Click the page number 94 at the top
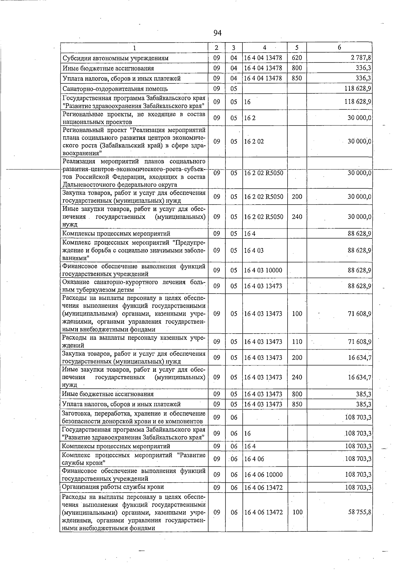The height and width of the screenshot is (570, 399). pyautogui.click(x=217, y=33)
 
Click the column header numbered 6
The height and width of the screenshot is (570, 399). pyautogui.click(x=339, y=47)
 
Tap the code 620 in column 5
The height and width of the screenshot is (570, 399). pyautogui.click(x=297, y=58)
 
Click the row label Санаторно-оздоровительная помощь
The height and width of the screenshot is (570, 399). pyautogui.click(x=115, y=89)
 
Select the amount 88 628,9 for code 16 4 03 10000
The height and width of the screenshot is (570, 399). pyautogui.click(x=359, y=270)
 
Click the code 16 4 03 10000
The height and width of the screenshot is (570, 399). pyautogui.click(x=263, y=270)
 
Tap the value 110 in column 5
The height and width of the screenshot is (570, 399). pyautogui.click(x=297, y=341)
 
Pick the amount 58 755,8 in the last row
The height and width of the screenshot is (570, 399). pyautogui.click(x=359, y=512)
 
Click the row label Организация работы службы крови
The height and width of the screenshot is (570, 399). pyautogui.click(x=113, y=487)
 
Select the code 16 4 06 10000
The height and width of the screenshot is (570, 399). pyautogui.click(x=263, y=475)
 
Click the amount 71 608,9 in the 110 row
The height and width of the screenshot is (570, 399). pyautogui.click(x=359, y=341)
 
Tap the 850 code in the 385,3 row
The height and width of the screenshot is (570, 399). pyautogui.click(x=297, y=404)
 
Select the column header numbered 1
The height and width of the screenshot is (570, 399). pyautogui.click(x=134, y=48)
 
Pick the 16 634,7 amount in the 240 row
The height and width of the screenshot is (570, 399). pyautogui.click(x=359, y=377)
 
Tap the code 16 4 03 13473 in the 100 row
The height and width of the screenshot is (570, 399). pyautogui.click(x=263, y=314)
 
